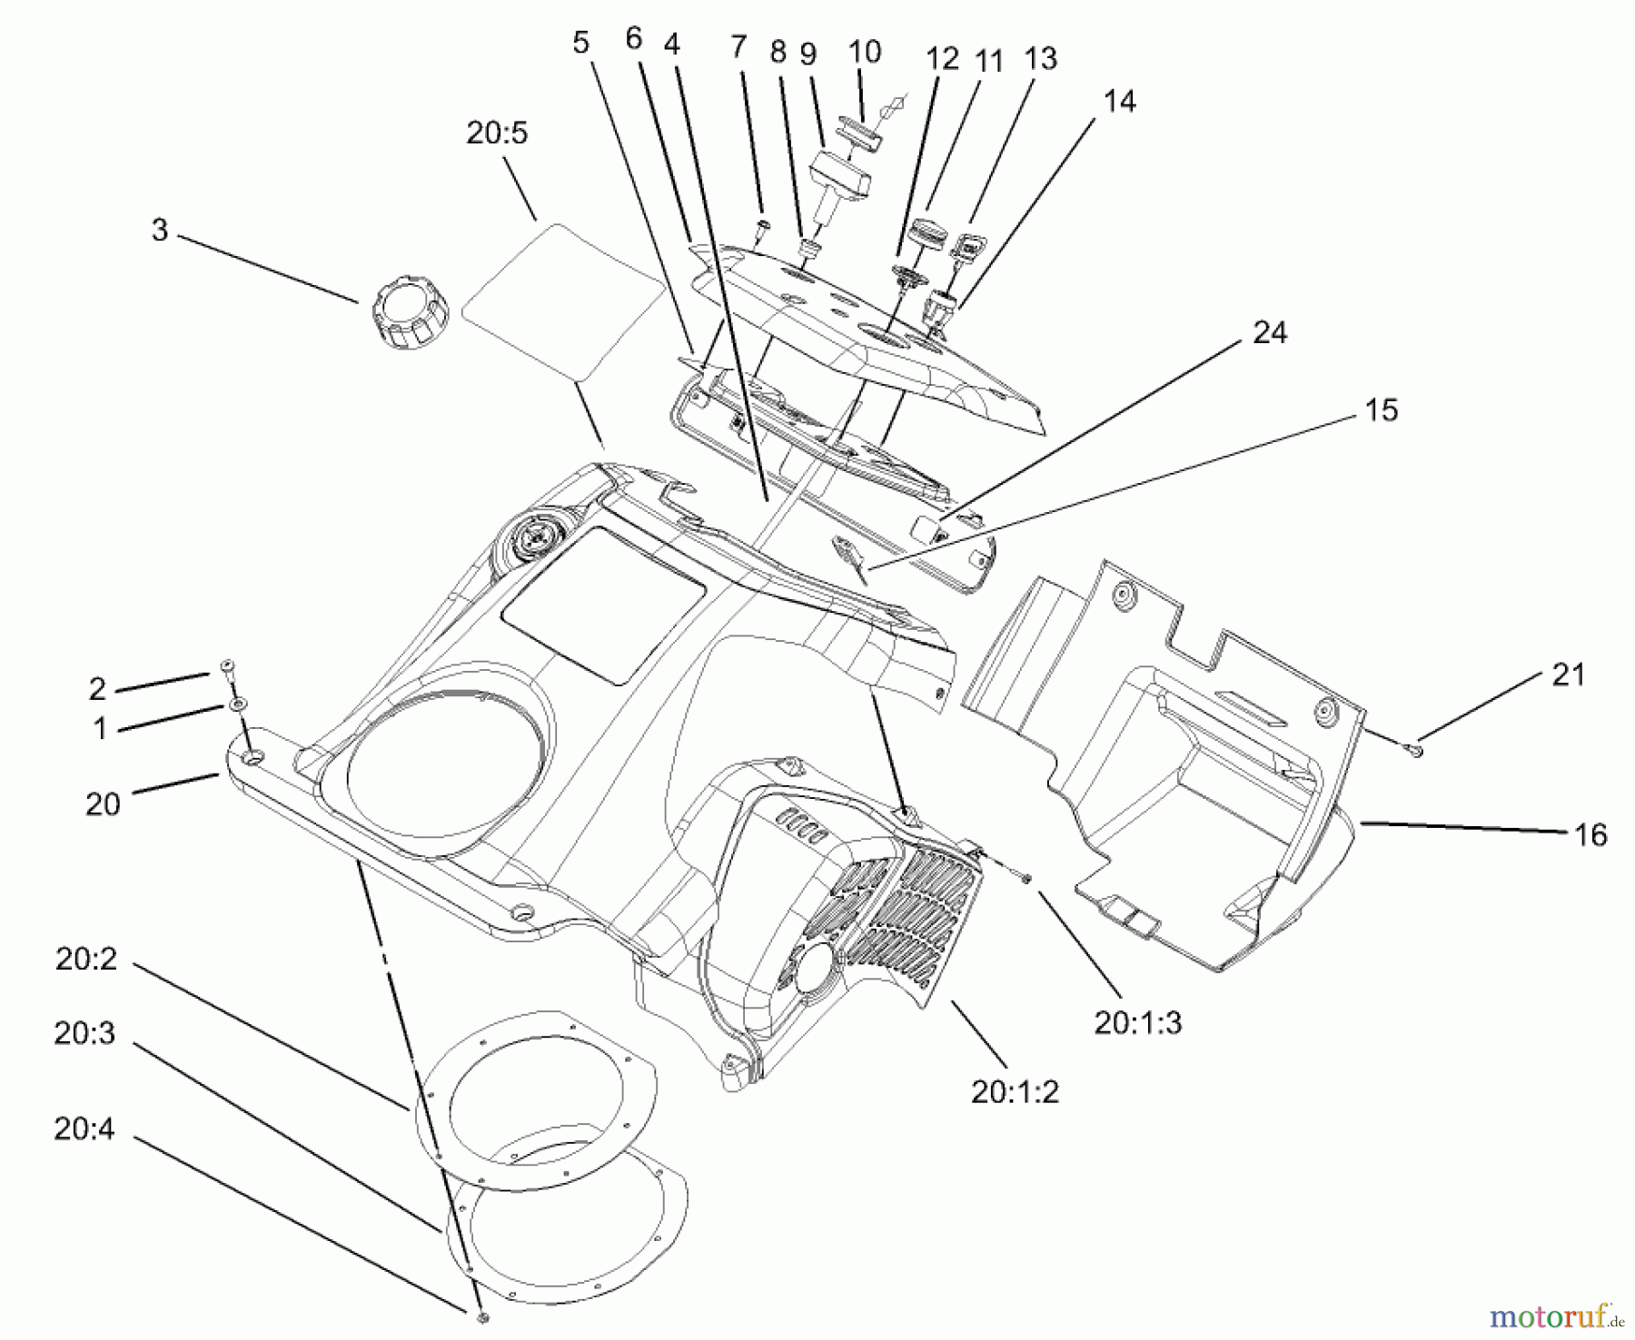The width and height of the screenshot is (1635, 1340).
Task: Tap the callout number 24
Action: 1269,333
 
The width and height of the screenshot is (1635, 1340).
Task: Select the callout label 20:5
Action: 497,133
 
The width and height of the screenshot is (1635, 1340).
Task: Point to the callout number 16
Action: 1590,834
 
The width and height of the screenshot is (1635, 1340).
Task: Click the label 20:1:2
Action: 1015,1092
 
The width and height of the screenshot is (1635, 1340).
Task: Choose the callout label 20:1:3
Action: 1137,1023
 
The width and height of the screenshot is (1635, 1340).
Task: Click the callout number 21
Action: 1568,675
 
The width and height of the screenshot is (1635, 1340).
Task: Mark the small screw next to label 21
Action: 1416,749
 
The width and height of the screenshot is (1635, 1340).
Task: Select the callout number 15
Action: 1381,409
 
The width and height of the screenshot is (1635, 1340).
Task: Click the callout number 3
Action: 160,230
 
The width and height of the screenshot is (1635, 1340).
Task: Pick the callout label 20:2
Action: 86,960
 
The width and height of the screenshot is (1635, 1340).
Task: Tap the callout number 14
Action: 1119,101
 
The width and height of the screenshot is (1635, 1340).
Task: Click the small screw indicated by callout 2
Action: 227,667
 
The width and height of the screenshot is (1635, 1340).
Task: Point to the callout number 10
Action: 865,52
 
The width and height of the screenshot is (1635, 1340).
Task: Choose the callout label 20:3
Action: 84,1033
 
